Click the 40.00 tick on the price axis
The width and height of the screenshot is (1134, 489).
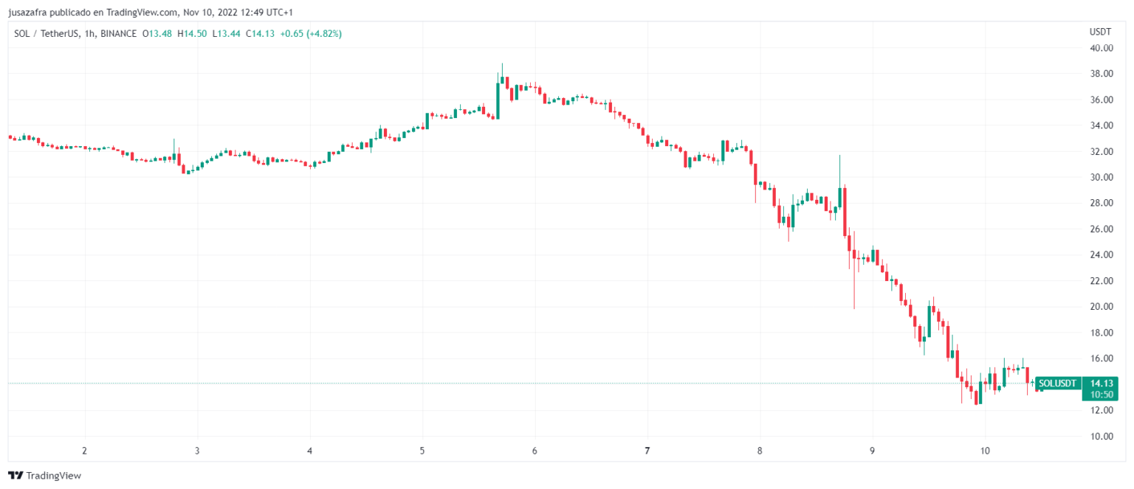click(1102, 48)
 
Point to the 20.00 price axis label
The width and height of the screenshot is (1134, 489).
click(1102, 307)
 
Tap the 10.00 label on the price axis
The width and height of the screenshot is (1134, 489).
click(1102, 436)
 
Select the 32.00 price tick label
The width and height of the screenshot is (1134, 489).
click(1102, 151)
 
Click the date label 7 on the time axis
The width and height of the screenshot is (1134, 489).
click(647, 450)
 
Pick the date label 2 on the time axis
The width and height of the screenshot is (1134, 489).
click(84, 450)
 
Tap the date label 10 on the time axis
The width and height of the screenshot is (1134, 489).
click(985, 450)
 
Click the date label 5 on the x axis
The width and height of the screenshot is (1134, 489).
click(422, 450)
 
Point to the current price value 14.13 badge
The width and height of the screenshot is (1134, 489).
click(1101, 383)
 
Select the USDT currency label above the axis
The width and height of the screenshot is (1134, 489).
click(1099, 32)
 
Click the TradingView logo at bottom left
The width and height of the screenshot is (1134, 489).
click(44, 476)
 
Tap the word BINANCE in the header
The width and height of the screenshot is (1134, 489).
click(118, 33)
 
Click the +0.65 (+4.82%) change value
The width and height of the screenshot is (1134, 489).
click(309, 33)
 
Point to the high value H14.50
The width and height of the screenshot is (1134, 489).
click(196, 33)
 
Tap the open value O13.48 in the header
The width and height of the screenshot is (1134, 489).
click(157, 33)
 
